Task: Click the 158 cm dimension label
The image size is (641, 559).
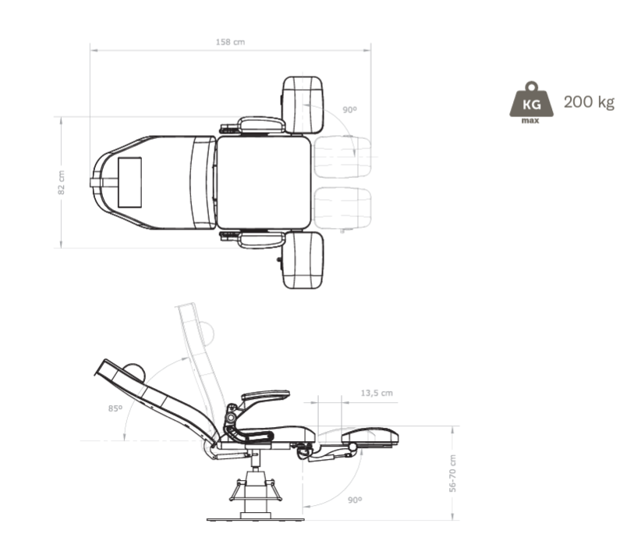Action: [230, 42]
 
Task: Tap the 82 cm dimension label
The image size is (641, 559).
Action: [62, 183]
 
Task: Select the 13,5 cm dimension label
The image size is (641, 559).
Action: [377, 393]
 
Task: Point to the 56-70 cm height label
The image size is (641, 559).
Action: [452, 473]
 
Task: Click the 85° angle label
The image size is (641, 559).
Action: [115, 408]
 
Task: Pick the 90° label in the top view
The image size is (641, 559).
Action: [349, 109]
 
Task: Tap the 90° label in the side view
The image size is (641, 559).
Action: [355, 500]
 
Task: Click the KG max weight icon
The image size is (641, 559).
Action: [531, 102]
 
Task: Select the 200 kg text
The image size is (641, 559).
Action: [589, 102]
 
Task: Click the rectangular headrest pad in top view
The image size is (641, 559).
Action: [129, 183]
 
